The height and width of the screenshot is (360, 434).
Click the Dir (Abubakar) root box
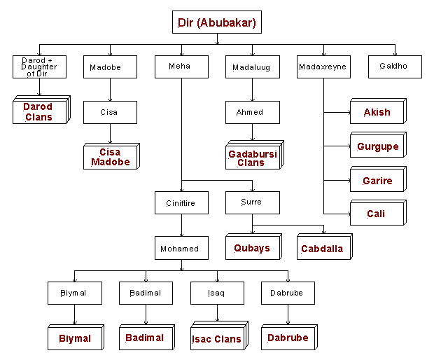(216, 22)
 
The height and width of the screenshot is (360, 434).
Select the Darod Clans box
(39, 111)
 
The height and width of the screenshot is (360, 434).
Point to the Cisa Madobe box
(110, 156)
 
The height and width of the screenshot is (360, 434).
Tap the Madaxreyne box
(323, 67)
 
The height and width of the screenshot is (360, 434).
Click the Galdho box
(395, 67)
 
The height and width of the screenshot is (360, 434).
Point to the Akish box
(377, 112)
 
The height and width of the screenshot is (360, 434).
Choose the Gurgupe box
(377, 146)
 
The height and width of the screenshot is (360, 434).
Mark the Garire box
(377, 180)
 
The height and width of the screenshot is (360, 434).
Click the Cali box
(377, 214)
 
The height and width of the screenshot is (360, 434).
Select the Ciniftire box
(181, 203)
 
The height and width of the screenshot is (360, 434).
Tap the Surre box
(252, 202)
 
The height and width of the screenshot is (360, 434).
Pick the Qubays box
(252, 248)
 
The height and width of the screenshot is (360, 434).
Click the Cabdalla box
(323, 248)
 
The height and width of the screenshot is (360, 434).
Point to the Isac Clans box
(216, 338)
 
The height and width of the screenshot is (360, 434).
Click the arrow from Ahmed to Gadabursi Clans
(252, 132)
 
